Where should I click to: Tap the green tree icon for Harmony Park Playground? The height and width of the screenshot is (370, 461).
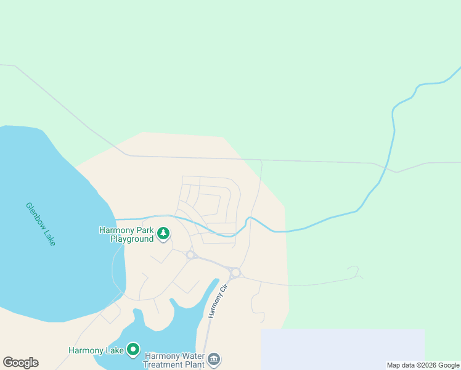pos(163,234)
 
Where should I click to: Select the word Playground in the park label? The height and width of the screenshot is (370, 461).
pos(132,239)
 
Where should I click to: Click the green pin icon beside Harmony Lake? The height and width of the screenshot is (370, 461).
pos(133,350)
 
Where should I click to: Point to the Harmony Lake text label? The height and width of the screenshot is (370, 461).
pos(96,351)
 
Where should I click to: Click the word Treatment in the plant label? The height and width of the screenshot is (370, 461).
pos(165,364)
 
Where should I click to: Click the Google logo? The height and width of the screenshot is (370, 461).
pos(20,363)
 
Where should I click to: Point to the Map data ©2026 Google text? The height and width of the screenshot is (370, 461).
pos(423,365)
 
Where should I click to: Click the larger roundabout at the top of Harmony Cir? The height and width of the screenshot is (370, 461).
pos(235,272)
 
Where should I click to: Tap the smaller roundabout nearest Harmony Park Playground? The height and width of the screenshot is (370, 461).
pos(190,255)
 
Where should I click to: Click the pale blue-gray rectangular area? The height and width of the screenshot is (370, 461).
pos(343,349)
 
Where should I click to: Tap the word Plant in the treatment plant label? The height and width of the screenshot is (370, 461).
pos(197,364)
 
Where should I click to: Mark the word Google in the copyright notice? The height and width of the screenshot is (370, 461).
pos(448,365)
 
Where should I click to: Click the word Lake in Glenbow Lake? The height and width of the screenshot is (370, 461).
pos(49,237)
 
